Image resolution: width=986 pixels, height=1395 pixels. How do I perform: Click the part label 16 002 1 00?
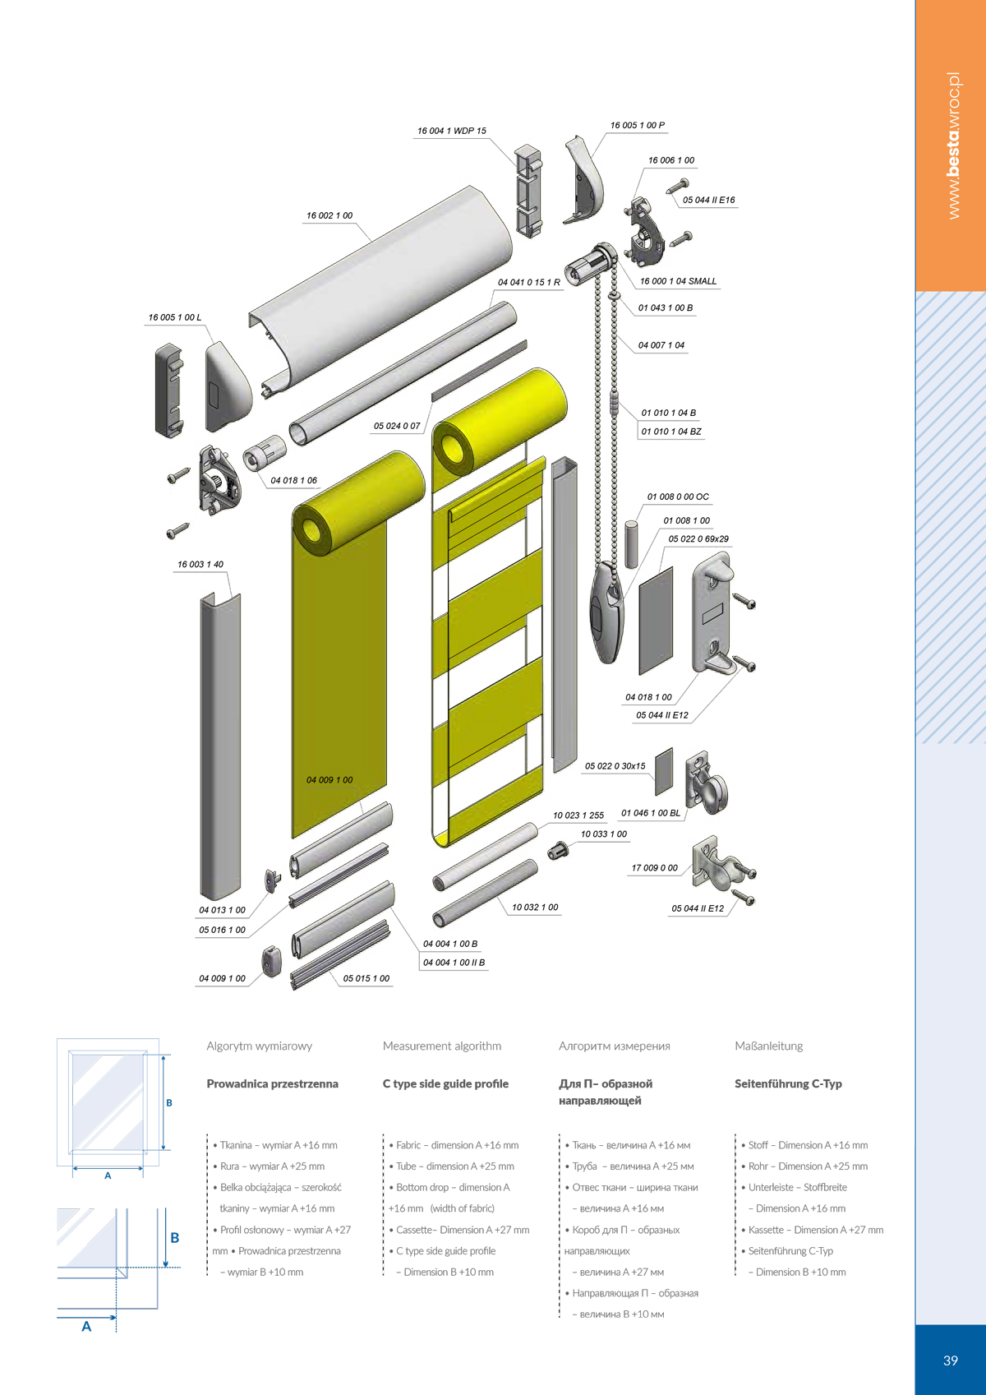pos(329,215)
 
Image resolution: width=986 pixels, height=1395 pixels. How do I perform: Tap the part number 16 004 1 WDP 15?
pos(451,131)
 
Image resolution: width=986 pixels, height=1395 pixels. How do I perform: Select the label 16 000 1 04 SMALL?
pos(678,281)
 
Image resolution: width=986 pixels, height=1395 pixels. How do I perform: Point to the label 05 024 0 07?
pos(397,426)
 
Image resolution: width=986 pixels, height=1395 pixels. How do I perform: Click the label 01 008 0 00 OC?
pos(678,497)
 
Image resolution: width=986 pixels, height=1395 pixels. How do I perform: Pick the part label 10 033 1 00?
pos(604,834)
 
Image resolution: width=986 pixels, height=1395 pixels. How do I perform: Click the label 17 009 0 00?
pos(654,867)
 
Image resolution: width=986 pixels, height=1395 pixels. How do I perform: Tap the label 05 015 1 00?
pos(366,978)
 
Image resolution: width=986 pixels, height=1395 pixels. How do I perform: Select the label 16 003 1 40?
pos(200,564)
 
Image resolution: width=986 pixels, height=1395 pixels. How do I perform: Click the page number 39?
pos(951,1360)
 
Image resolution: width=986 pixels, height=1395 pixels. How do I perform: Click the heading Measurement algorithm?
pos(442,1046)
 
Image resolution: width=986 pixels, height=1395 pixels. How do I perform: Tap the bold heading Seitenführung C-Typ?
pos(788,1083)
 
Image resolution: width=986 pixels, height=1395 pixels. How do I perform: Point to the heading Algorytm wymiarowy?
pos(260,1046)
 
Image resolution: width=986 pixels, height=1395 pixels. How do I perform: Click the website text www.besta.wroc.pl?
pos(953,146)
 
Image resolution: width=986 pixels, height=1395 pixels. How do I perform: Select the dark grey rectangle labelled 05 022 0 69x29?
pos(656,621)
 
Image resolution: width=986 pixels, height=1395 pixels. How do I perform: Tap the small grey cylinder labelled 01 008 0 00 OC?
pos(631,544)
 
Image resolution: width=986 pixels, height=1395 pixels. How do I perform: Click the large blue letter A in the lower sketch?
pos(86,1327)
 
